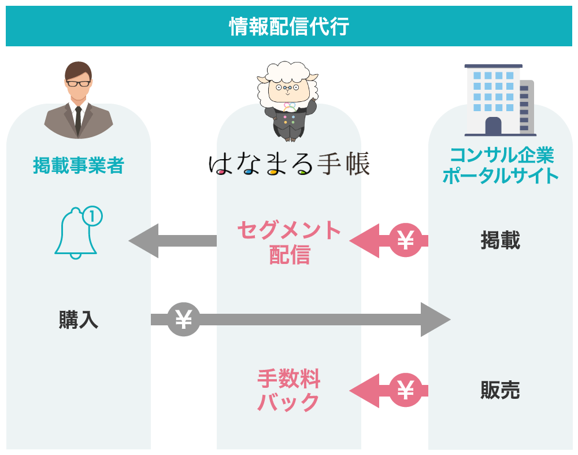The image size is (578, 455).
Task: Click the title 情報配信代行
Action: tap(289, 26)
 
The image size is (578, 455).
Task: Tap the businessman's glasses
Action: tap(78, 83)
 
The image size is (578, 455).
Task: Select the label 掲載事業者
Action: tap(78, 166)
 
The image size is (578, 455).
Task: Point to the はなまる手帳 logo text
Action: tap(289, 164)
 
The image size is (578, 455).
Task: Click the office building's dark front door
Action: tap(493, 126)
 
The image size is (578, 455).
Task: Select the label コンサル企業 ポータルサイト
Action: tap(501, 166)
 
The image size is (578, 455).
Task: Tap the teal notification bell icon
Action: tap(76, 234)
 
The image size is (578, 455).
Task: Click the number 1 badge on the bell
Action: tap(92, 217)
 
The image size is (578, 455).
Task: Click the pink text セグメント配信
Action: tap(290, 242)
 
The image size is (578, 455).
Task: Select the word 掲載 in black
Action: tap(501, 240)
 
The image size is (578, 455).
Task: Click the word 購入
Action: tap(78, 320)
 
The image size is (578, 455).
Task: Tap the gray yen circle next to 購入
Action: tap(183, 320)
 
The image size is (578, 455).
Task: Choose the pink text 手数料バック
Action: tap(288, 390)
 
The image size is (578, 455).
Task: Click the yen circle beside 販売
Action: tap(406, 390)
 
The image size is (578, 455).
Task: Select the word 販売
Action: tap(501, 390)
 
